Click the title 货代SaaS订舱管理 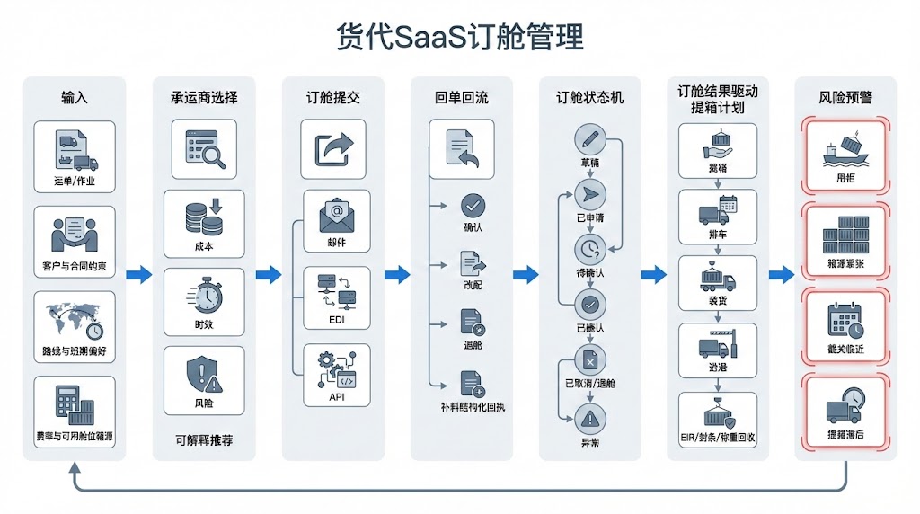point(460,38)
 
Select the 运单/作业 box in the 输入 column point(75,157)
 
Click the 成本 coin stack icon point(203,217)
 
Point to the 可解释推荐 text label point(203,440)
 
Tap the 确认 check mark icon point(473,204)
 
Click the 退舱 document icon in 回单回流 point(473,321)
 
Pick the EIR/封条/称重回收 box point(718,422)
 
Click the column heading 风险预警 point(845,97)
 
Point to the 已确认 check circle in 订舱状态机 point(590,304)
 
